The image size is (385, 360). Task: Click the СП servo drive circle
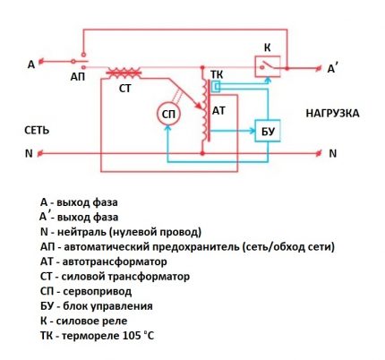click(x=167, y=115)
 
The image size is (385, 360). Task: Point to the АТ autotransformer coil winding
click(x=208, y=112)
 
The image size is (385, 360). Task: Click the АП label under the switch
click(x=78, y=78)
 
